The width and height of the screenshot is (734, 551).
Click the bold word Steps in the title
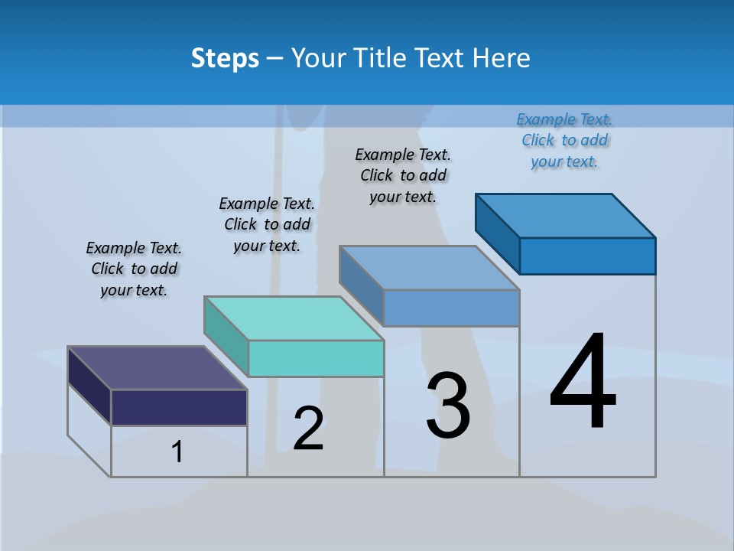pos(225,59)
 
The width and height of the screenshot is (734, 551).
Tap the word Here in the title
pos(502,59)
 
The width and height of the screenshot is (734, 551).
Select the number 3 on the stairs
pos(448,406)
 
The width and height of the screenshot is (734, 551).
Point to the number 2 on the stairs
pos(308,429)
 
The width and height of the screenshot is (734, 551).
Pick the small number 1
pos(177,452)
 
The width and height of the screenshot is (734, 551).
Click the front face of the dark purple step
pos(179,407)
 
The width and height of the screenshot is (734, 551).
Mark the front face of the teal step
pos(316,358)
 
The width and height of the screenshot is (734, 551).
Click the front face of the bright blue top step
pos(587,256)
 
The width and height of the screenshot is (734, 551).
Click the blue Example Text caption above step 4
pos(564,141)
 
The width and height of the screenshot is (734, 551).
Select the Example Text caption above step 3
pos(403,175)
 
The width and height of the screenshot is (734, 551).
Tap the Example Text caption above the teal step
pos(267,224)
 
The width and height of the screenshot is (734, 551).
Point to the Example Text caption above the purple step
pos(134,269)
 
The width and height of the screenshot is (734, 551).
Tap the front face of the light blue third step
pos(451,308)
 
